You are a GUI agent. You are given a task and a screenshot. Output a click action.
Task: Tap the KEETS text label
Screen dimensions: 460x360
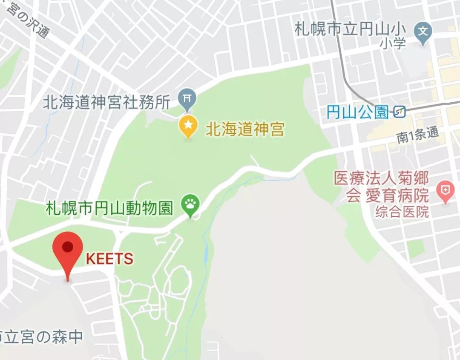pyautogui.click(x=109, y=259)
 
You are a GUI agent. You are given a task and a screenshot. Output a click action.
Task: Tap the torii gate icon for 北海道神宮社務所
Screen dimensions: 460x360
pyautogui.click(x=187, y=98)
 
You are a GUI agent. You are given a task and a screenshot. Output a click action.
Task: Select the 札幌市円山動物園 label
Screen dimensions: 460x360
pyautogui.click(x=109, y=208)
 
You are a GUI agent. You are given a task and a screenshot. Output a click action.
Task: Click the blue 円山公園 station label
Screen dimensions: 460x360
pyautogui.click(x=357, y=112)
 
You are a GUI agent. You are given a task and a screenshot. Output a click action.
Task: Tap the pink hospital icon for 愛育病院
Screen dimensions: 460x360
pyautogui.click(x=446, y=191)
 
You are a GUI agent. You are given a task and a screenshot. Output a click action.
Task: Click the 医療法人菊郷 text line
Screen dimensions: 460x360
pyautogui.click(x=381, y=179)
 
